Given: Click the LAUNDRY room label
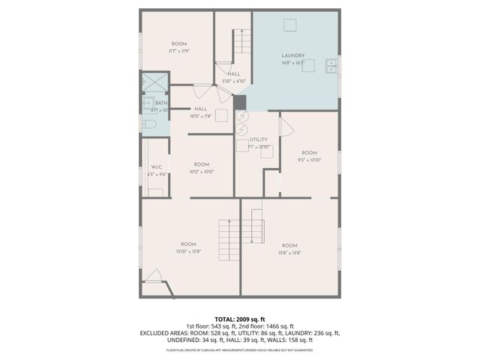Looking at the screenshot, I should coord(292,55).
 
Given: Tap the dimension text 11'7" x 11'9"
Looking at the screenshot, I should coord(179,52).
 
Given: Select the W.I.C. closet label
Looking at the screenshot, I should coord(157,166).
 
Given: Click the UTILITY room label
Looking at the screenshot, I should coord(259,139).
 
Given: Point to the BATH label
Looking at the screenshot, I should coord(160,103).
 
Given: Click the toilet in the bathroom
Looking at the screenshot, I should coord(148,125).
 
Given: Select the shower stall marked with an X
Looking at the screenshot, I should coord(154,80).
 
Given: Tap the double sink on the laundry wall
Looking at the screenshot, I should coord(331,67).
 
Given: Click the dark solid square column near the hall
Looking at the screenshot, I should coord(240,103).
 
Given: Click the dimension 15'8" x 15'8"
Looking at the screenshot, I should coord(289,253).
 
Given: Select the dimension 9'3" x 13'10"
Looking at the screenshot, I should coord(308,160).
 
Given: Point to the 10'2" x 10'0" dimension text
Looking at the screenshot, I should coord(201,171).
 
